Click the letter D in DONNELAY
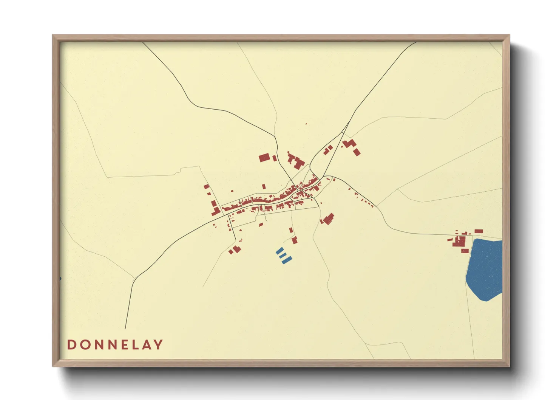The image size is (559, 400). click(71, 345)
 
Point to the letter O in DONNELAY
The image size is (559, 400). click(83, 345)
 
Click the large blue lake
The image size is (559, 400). click(485, 268)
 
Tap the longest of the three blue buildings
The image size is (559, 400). click(287, 260)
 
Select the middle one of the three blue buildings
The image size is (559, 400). click(283, 256)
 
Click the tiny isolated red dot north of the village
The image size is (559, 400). click(306, 124)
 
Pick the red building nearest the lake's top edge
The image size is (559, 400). click(465, 251)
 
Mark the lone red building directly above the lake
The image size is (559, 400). click(479, 231)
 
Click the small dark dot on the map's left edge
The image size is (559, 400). click(60, 279)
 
